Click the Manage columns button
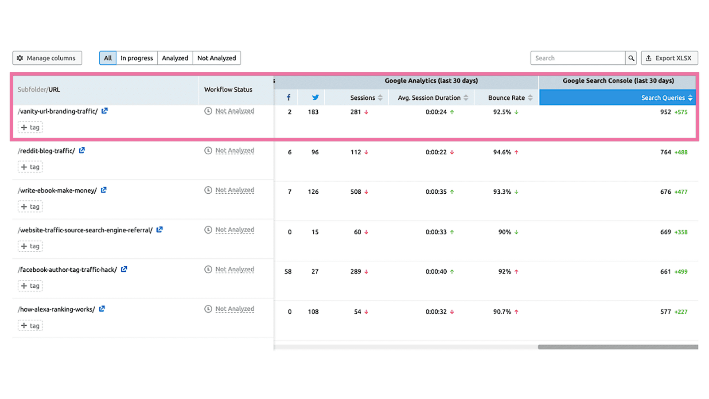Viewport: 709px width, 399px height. pos(47,58)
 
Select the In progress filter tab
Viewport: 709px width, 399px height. pos(136,58)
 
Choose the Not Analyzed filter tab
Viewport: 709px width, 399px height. pos(217,58)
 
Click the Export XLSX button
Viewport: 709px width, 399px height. pos(669,58)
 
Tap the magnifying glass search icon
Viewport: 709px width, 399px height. pos(631,58)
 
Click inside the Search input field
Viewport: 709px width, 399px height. pos(577,58)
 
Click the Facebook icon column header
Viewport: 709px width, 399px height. pos(288,98)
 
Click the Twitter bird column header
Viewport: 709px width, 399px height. pos(315,98)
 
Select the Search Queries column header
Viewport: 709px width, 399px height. pos(663,98)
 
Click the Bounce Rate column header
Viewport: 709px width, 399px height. pos(506,98)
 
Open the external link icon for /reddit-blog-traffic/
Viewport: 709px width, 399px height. pos(82,151)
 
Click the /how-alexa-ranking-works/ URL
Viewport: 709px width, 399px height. pos(56,309)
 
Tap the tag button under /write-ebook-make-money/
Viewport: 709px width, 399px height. pos(30,207)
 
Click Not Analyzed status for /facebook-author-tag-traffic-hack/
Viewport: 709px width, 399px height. pos(234,270)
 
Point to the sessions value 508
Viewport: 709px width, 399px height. pos(355,192)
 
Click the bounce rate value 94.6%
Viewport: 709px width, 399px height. pos(502,152)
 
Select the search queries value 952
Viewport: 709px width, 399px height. pos(665,112)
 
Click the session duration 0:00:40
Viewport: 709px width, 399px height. pos(436,272)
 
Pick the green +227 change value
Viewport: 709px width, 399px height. pos(681,312)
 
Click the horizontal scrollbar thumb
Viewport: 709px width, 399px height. pos(618,347)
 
